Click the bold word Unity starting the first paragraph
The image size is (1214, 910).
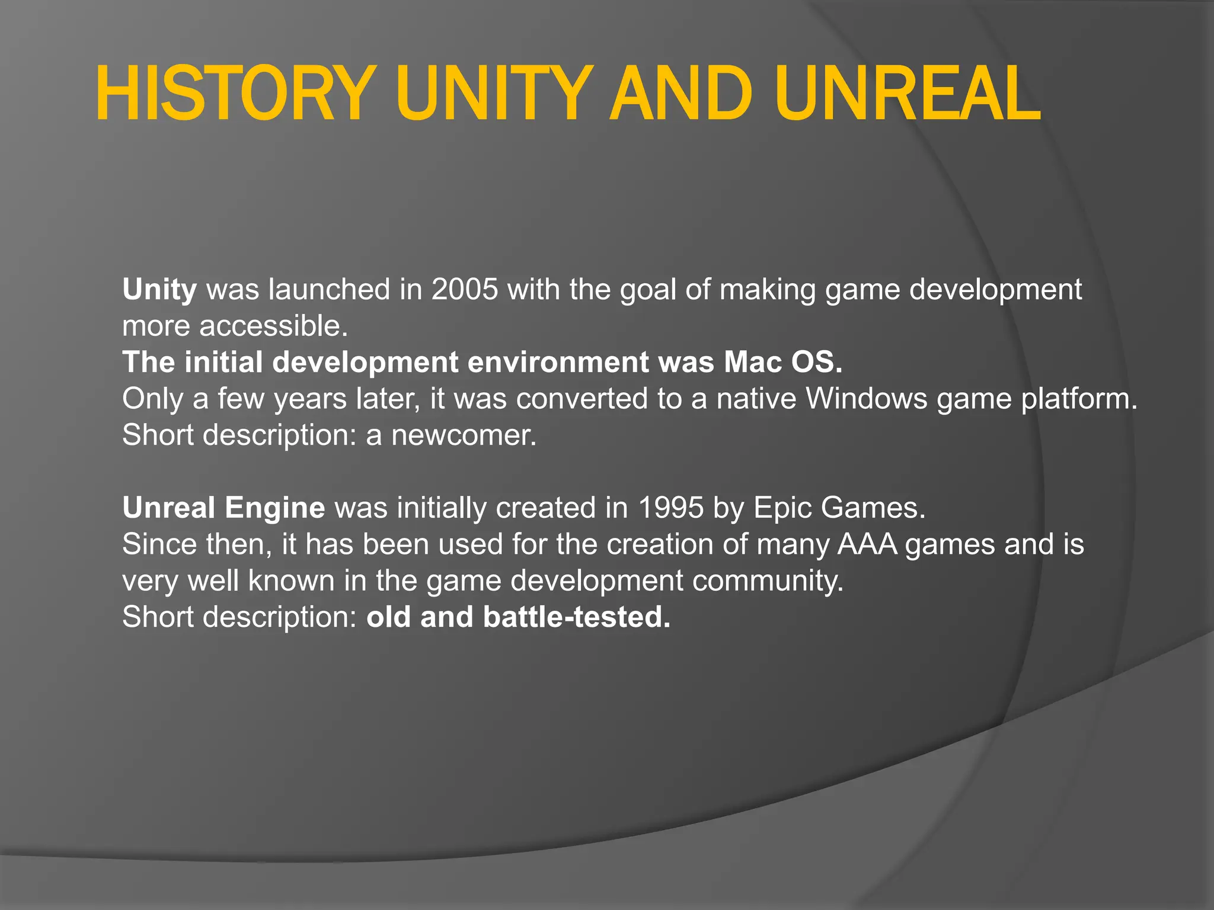click(x=159, y=290)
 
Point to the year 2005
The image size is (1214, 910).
click(x=464, y=290)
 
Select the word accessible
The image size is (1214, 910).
click(x=273, y=326)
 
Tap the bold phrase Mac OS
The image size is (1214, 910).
click(x=782, y=363)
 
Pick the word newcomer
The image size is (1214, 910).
click(x=463, y=435)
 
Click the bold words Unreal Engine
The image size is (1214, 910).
click(x=223, y=508)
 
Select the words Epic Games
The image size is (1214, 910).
click(x=839, y=508)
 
